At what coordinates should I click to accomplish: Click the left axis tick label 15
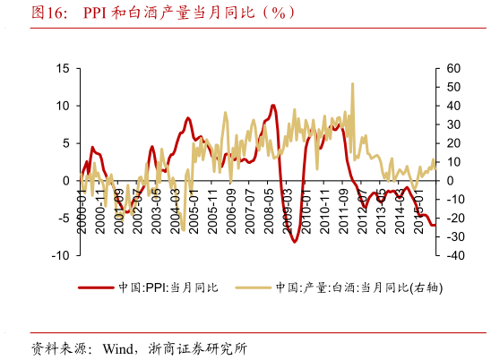(x=63, y=68)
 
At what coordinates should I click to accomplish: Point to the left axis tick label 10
(x=63, y=106)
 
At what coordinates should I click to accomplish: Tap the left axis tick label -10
(x=60, y=255)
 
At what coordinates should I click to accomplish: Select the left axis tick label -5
(x=63, y=218)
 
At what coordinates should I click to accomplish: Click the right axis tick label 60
(x=452, y=68)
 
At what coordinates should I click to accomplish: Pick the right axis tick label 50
(x=452, y=87)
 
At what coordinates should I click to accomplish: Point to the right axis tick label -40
(x=454, y=255)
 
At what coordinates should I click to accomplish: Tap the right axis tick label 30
(x=452, y=124)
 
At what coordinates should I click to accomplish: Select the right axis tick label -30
(x=454, y=236)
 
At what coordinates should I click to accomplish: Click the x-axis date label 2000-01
(x=82, y=211)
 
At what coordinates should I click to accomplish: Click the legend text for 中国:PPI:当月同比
(x=168, y=287)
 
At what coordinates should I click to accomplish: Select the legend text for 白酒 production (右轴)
(x=360, y=287)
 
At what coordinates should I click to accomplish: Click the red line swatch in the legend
(x=96, y=287)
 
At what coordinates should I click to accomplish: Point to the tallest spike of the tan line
(x=352, y=84)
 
